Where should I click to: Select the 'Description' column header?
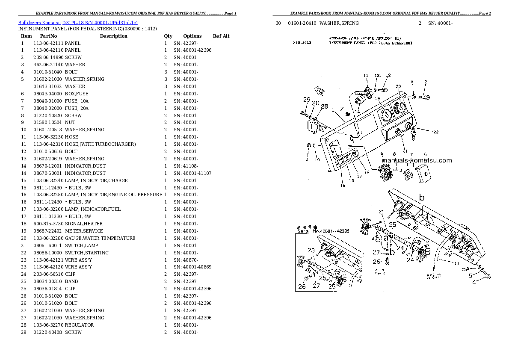(113, 36)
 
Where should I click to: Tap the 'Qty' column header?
(168, 36)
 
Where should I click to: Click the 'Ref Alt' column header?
(221, 36)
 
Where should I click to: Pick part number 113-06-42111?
(48, 43)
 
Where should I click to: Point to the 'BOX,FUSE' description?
(77, 94)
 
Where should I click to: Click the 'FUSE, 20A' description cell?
(77, 108)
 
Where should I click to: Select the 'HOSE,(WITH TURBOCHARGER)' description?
(100, 144)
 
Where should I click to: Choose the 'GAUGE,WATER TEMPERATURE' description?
(100, 238)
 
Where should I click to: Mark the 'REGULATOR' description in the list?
(79, 325)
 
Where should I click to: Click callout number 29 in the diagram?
(307, 100)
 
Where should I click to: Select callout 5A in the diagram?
(465, 269)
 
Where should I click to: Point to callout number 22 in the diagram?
(435, 132)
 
